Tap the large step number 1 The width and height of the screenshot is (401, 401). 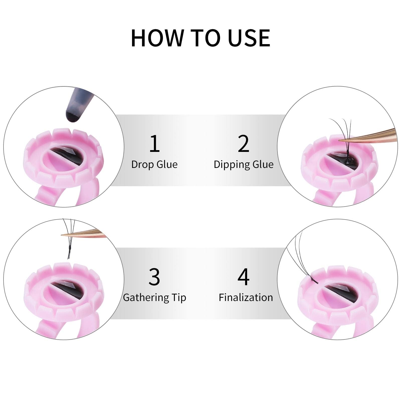pyautogui.click(x=154, y=143)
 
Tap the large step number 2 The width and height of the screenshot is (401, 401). pyautogui.click(x=243, y=143)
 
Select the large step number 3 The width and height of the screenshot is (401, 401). pyautogui.click(x=154, y=277)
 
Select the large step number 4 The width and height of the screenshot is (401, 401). pyautogui.click(x=243, y=277)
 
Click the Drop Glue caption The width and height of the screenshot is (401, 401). pyautogui.click(x=154, y=164)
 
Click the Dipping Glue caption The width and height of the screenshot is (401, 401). pyautogui.click(x=243, y=165)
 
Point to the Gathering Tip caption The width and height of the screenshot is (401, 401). pyautogui.click(x=154, y=297)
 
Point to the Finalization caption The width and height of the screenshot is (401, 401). pyautogui.click(x=246, y=297)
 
